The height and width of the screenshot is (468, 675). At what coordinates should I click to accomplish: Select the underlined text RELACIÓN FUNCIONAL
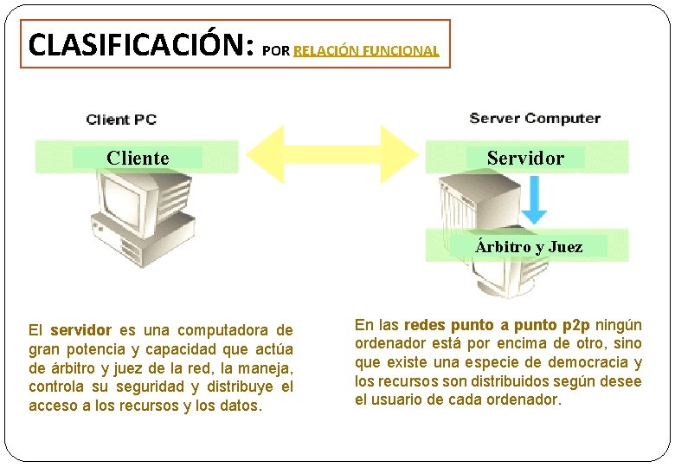coord(366,51)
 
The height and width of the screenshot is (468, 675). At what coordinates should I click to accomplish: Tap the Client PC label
coord(121,120)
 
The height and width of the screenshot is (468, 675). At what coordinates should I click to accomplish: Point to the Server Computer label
coord(534,118)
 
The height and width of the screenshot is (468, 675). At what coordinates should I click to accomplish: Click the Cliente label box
coord(138,158)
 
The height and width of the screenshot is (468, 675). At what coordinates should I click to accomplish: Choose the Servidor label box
coord(524,158)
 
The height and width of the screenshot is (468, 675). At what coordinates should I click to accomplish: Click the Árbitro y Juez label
coord(529,247)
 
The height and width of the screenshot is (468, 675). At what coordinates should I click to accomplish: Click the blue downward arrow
coord(535,201)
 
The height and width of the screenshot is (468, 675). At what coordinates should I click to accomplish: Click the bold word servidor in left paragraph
coord(80,330)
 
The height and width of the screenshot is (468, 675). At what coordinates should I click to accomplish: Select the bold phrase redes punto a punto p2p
coord(497,325)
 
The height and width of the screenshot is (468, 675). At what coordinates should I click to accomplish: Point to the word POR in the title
coord(275,51)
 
